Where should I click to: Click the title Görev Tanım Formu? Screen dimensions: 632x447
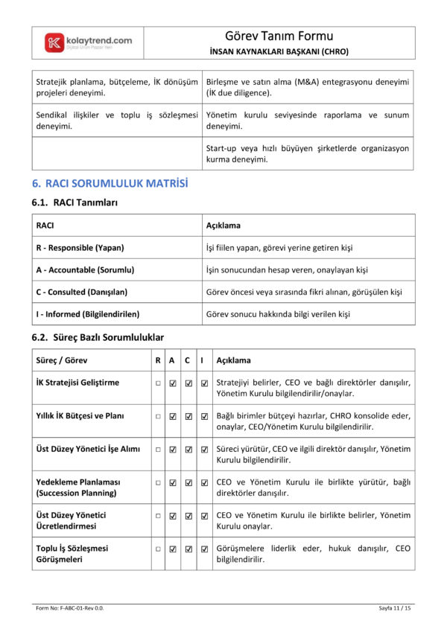pos(279,36)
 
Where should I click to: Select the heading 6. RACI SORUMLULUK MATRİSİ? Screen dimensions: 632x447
pos(110,183)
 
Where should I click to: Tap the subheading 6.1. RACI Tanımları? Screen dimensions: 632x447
pos(74,202)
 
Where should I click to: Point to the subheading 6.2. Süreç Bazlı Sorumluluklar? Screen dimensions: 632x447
pos(98,337)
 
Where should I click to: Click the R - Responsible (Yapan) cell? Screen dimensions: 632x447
pos(80,247)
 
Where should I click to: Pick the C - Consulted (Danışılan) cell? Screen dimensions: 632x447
pos(82,292)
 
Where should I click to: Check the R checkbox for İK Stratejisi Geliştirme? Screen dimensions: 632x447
pos(158,383)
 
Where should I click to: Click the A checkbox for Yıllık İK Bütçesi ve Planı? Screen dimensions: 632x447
pos(173,416)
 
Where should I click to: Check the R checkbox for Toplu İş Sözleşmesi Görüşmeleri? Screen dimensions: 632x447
pos(158,549)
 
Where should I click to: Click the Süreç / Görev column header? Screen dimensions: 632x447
pos(62,360)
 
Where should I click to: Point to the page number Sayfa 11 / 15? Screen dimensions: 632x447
pos(395,609)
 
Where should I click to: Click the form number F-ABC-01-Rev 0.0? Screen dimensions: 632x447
pos(70,609)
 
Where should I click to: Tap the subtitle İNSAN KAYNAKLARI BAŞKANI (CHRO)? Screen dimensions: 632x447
pos(279,51)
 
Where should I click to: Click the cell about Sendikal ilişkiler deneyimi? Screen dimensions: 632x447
pos(117,121)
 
